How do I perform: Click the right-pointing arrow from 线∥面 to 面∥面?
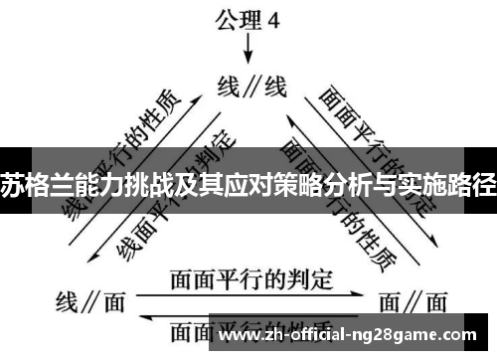[249, 294]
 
